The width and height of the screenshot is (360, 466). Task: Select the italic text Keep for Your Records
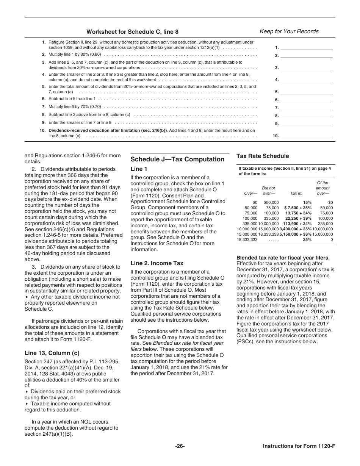point(289,31)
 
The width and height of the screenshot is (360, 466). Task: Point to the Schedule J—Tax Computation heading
point(177,159)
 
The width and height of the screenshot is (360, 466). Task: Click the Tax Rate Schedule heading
point(263,156)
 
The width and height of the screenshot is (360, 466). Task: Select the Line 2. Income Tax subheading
point(157,263)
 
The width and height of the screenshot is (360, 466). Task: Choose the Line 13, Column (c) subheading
point(52,353)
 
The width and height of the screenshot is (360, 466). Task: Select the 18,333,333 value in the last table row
point(247,240)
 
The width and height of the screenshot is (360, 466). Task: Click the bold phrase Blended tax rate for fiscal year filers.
point(283,258)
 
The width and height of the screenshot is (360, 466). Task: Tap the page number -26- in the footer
point(180,446)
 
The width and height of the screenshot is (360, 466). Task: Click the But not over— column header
point(269,191)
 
